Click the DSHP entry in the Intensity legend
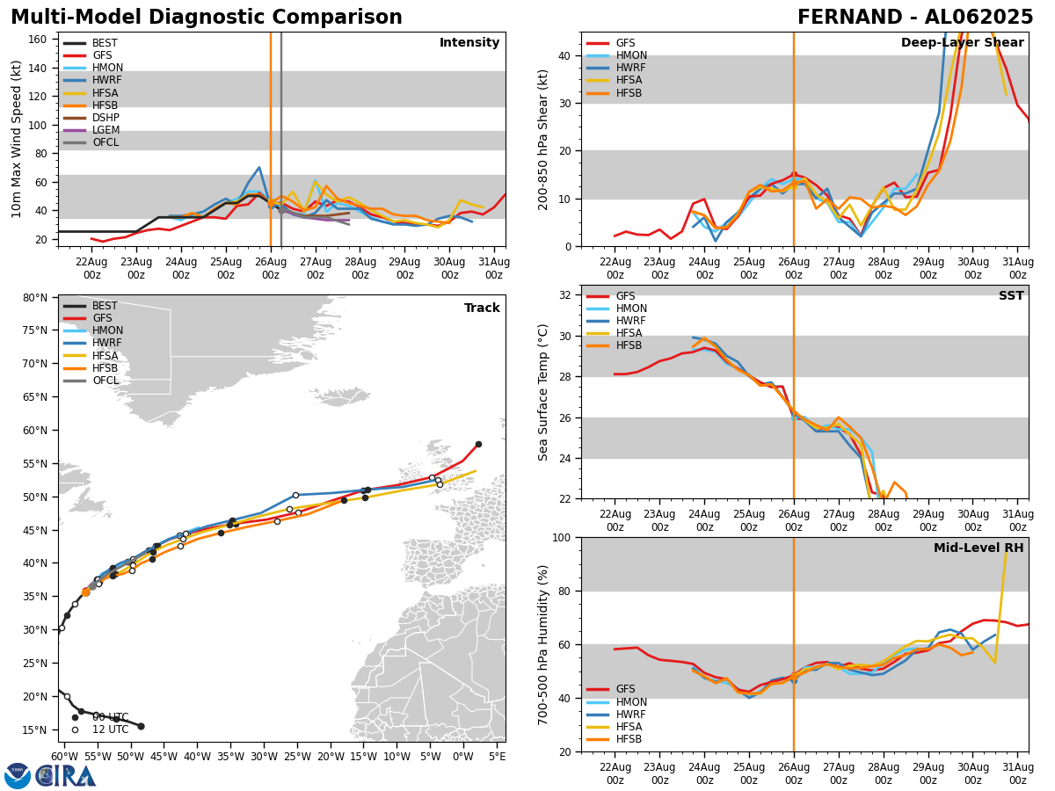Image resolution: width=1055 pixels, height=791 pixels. pos(105,118)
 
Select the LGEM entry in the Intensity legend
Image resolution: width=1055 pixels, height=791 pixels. pos(105,130)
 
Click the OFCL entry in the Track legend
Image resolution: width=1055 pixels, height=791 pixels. pos(105,381)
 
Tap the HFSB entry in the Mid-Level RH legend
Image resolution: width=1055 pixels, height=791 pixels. pos(628,739)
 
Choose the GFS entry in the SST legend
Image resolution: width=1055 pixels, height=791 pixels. pos(625,296)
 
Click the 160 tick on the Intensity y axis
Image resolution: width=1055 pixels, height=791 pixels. pos(40,40)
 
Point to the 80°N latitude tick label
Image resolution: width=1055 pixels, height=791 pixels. pos(36,298)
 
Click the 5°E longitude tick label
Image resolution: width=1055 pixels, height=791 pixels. pos(497,756)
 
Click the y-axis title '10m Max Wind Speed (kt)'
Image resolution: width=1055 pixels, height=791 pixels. pos(16,139)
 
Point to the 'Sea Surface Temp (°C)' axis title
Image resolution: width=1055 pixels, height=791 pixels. pos(543,392)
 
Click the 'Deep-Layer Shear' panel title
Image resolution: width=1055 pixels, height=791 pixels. pos(962,43)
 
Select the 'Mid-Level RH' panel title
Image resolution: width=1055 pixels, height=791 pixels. pos(979,548)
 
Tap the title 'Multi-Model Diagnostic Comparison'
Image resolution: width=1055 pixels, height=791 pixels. pos(207,18)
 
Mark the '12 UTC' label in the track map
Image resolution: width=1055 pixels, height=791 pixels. pos(110,729)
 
